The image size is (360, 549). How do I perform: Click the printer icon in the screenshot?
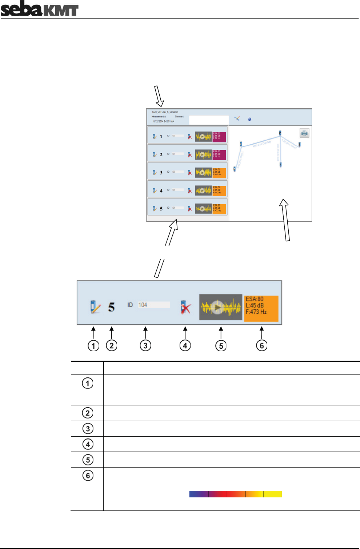tap(304, 133)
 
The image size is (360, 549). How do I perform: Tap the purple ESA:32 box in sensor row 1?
tap(219, 136)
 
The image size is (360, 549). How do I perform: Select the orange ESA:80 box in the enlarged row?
tap(261, 308)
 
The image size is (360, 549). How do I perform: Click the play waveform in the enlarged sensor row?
tap(220, 307)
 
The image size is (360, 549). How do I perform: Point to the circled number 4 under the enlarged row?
tap(185, 345)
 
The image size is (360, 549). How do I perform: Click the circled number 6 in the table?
tap(88, 475)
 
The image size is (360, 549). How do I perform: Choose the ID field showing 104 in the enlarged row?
tap(153, 305)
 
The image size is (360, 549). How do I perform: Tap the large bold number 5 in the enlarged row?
tap(111, 307)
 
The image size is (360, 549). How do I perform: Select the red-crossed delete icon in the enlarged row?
tap(185, 307)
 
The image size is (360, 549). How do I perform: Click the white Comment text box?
tap(209, 120)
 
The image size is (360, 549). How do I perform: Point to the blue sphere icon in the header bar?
tap(249, 119)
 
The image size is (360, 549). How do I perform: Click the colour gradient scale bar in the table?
tap(236, 494)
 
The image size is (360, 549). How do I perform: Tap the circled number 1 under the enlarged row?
tap(93, 345)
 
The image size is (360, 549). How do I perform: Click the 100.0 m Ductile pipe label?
tap(262, 144)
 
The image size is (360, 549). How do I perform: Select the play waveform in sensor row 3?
tap(203, 172)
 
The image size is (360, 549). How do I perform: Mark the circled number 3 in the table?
tap(88, 429)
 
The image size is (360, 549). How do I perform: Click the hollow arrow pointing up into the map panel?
tap(285, 220)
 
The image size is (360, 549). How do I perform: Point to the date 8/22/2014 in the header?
tap(163, 121)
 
